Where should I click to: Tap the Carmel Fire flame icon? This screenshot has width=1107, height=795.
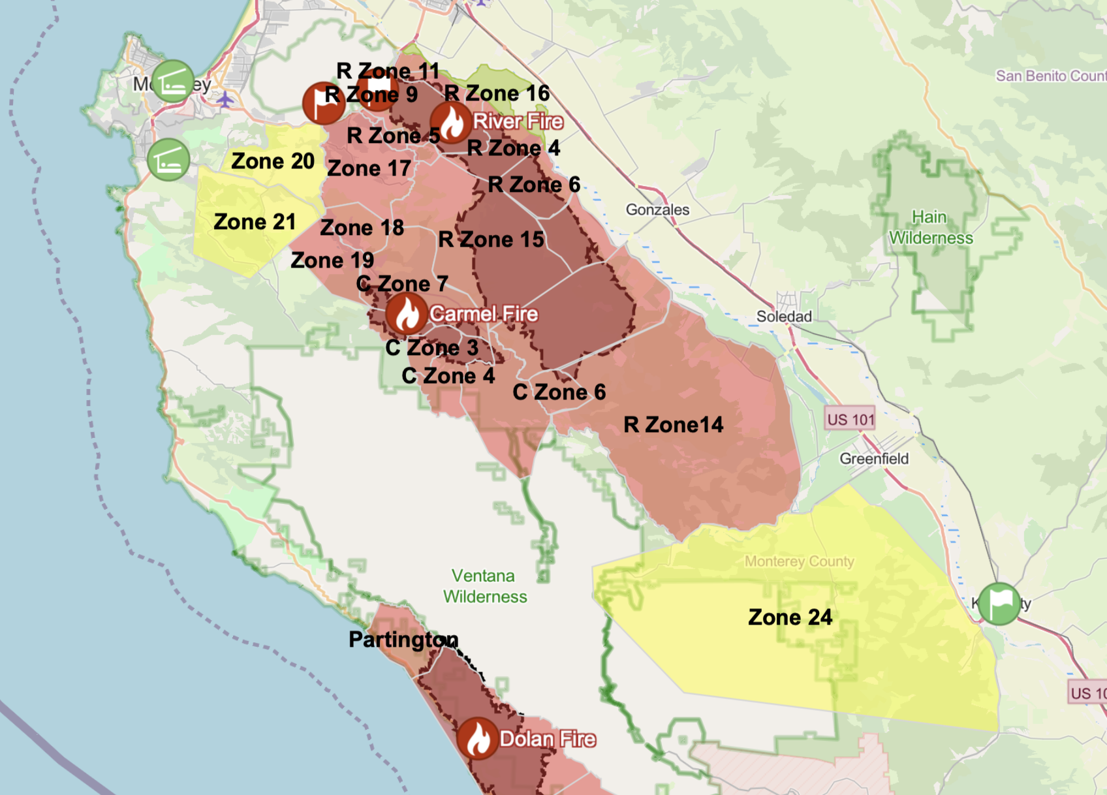406,314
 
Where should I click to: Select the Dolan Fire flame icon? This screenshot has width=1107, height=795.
478,738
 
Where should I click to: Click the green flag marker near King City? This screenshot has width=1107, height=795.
999,604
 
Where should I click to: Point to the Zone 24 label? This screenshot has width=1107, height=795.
790,617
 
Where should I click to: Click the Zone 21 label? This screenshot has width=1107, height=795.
255,222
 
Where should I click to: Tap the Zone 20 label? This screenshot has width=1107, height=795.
273,161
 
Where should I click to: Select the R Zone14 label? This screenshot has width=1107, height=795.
673,425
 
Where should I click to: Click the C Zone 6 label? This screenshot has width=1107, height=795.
559,392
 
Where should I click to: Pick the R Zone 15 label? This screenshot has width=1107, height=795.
491,239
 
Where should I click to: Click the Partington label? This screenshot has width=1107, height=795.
403,639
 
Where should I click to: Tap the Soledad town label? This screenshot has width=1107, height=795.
784,317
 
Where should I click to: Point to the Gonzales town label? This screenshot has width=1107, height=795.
657,210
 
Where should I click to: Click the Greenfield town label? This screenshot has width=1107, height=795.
874,458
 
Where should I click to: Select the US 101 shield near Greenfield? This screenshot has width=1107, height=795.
850,420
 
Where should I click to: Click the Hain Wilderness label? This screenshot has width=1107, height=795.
930,227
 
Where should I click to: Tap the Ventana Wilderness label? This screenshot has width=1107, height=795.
484,586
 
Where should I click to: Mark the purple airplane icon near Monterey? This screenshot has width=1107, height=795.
225,100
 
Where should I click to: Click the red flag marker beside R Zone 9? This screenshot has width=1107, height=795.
324,103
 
